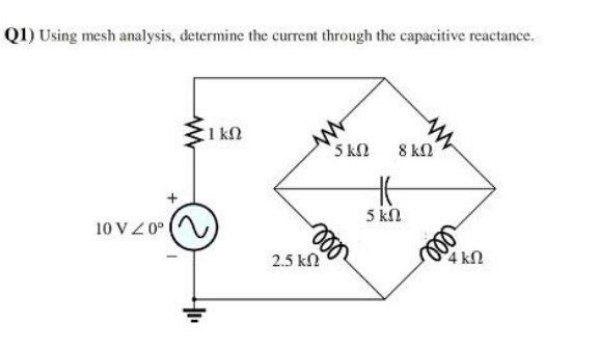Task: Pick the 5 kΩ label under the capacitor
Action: click(x=382, y=214)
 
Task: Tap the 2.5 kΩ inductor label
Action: click(x=290, y=262)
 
